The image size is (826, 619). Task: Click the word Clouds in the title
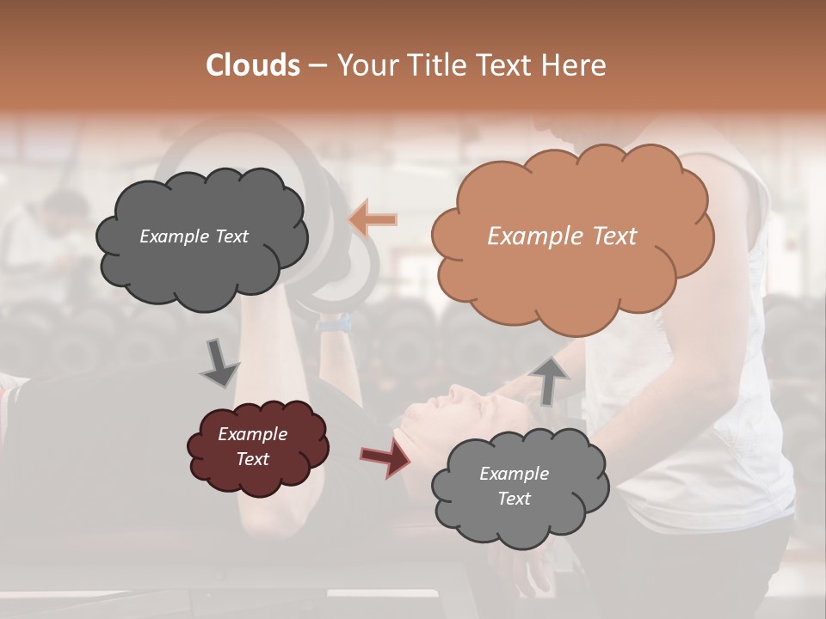pyautogui.click(x=253, y=65)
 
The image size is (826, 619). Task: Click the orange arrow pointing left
pyautogui.click(x=373, y=219)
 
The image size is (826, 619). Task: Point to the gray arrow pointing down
pyautogui.click(x=219, y=362)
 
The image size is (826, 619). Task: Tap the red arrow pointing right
pyautogui.click(x=385, y=458)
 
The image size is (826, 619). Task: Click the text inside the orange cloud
pyautogui.click(x=562, y=236)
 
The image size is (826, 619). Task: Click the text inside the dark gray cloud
pyautogui.click(x=194, y=236)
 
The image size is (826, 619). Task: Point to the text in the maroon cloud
pyautogui.click(x=253, y=446)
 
